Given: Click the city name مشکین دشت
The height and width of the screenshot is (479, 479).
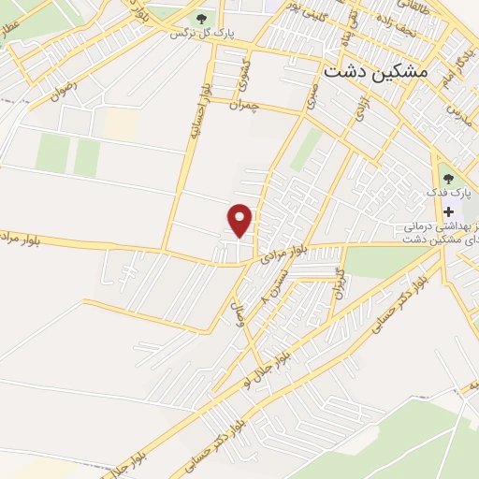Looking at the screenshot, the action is (x=374, y=71).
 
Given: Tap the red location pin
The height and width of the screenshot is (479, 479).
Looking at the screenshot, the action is (x=240, y=219).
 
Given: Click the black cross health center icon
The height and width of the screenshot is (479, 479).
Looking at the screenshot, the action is (x=448, y=211).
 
